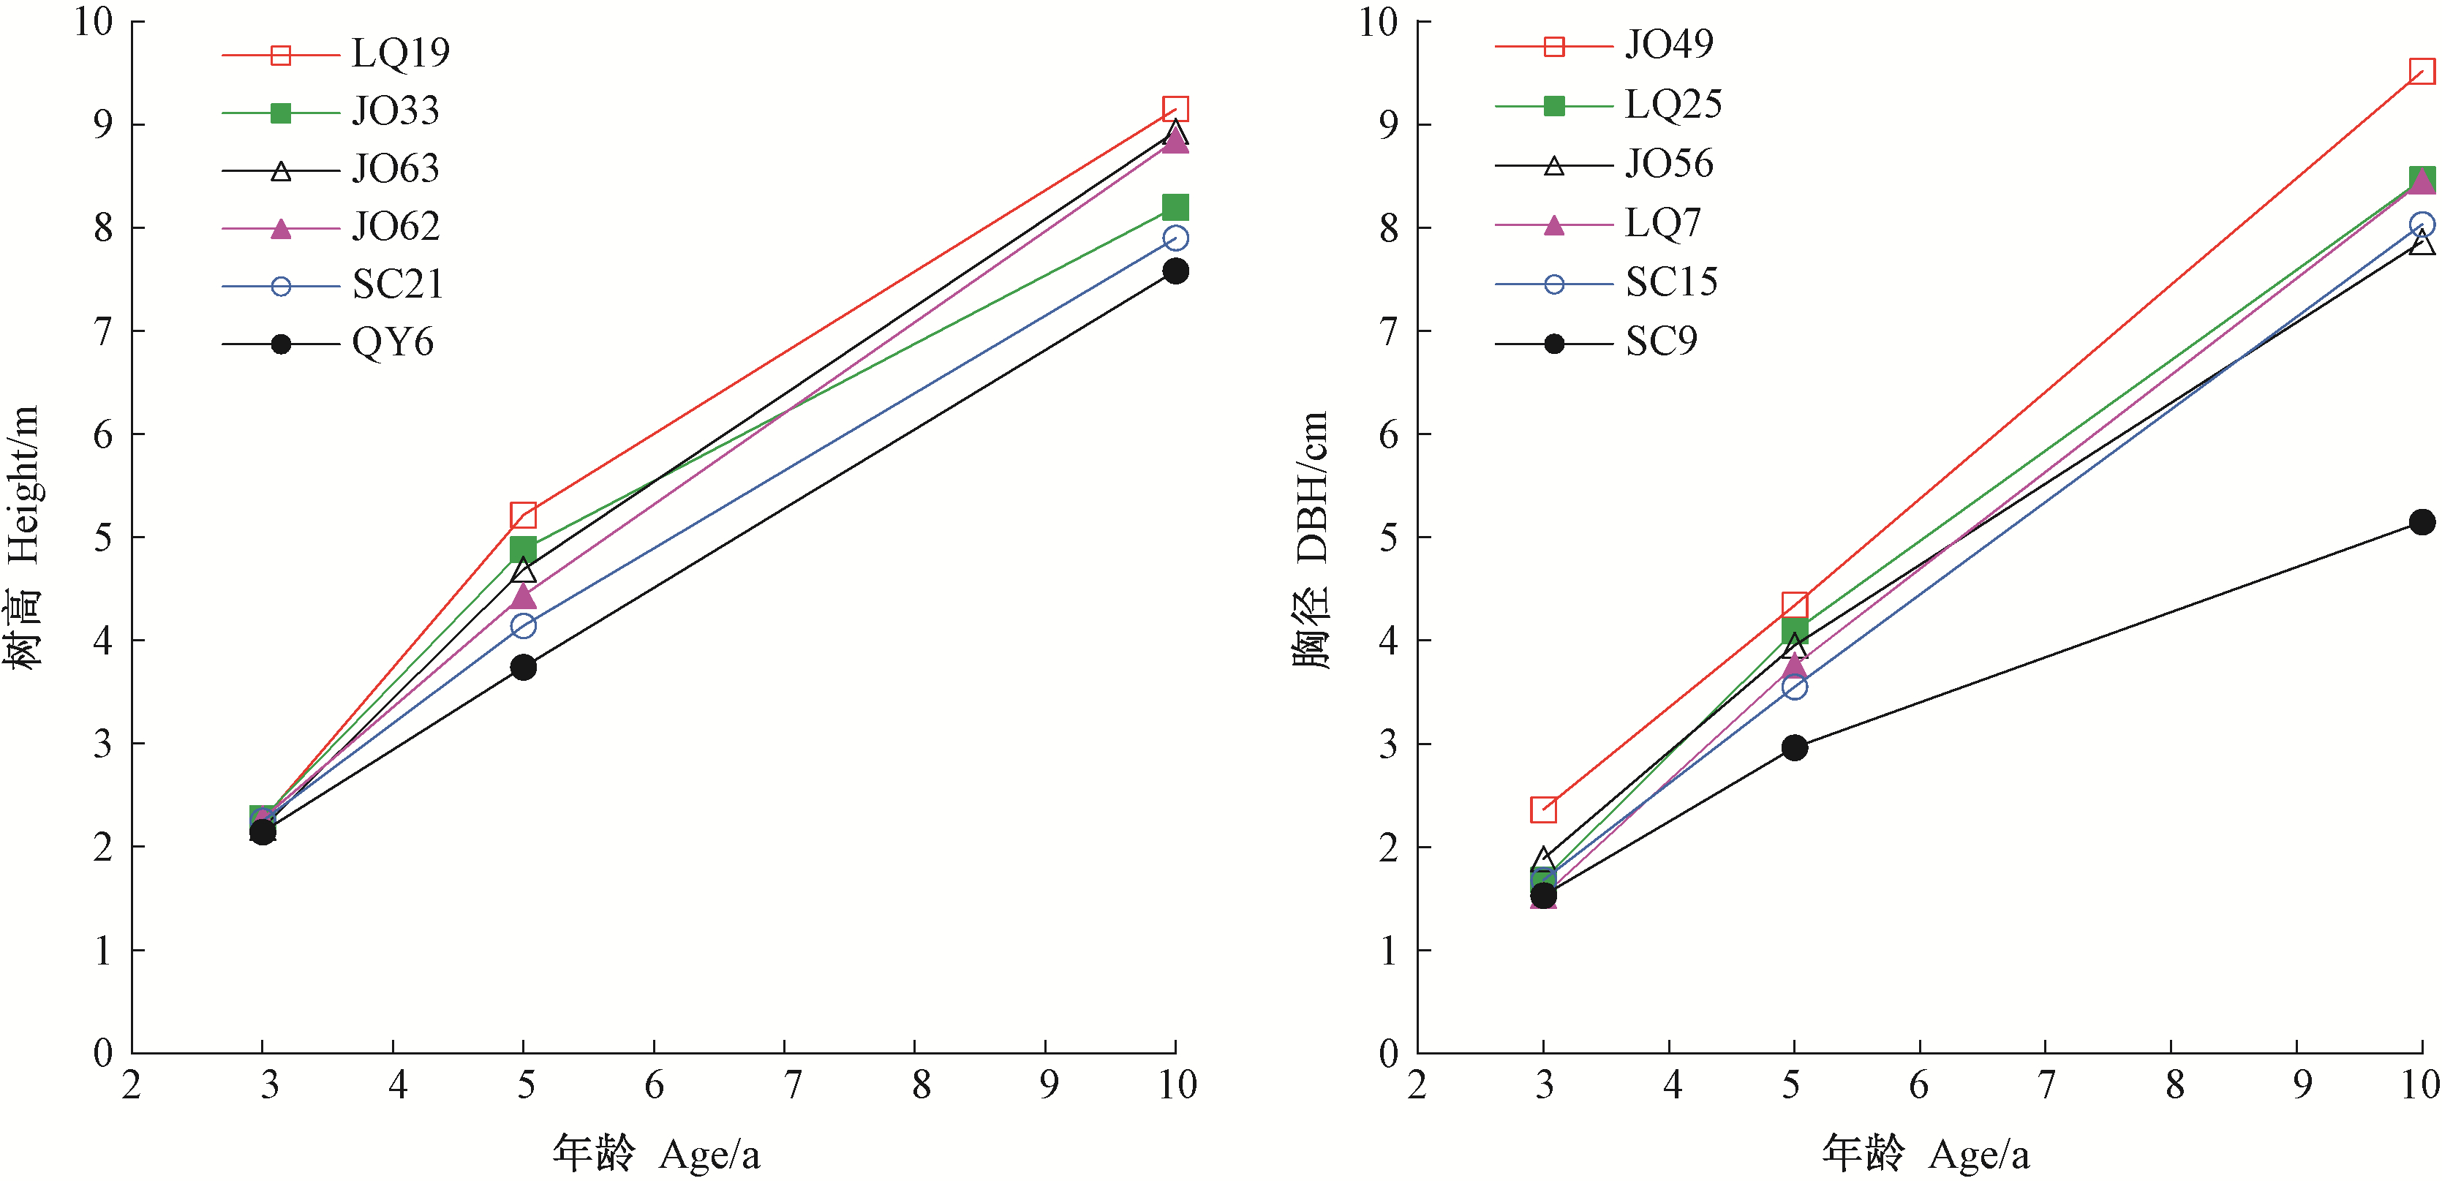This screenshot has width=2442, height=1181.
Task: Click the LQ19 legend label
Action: click(x=400, y=54)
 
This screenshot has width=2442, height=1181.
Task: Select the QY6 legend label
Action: click(x=393, y=343)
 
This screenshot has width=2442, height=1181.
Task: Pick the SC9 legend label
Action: click(x=1661, y=342)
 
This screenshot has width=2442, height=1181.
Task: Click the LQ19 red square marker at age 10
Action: click(x=1175, y=109)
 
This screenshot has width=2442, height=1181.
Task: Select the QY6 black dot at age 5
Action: click(x=524, y=667)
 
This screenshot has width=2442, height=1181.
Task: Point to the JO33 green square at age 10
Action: click(x=1175, y=207)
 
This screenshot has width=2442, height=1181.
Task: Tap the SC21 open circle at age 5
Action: click(x=524, y=625)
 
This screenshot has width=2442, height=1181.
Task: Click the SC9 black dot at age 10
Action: click(x=2422, y=522)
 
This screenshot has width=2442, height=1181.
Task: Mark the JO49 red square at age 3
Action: click(x=1543, y=810)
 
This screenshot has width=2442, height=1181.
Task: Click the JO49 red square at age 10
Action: click(x=2422, y=71)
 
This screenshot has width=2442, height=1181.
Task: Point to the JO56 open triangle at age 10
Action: click(x=2422, y=244)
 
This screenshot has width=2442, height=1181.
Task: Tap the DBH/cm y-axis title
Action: click(x=1312, y=540)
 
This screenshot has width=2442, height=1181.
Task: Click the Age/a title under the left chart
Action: click(x=656, y=1153)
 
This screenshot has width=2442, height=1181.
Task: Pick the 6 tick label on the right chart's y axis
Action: click(x=1388, y=435)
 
